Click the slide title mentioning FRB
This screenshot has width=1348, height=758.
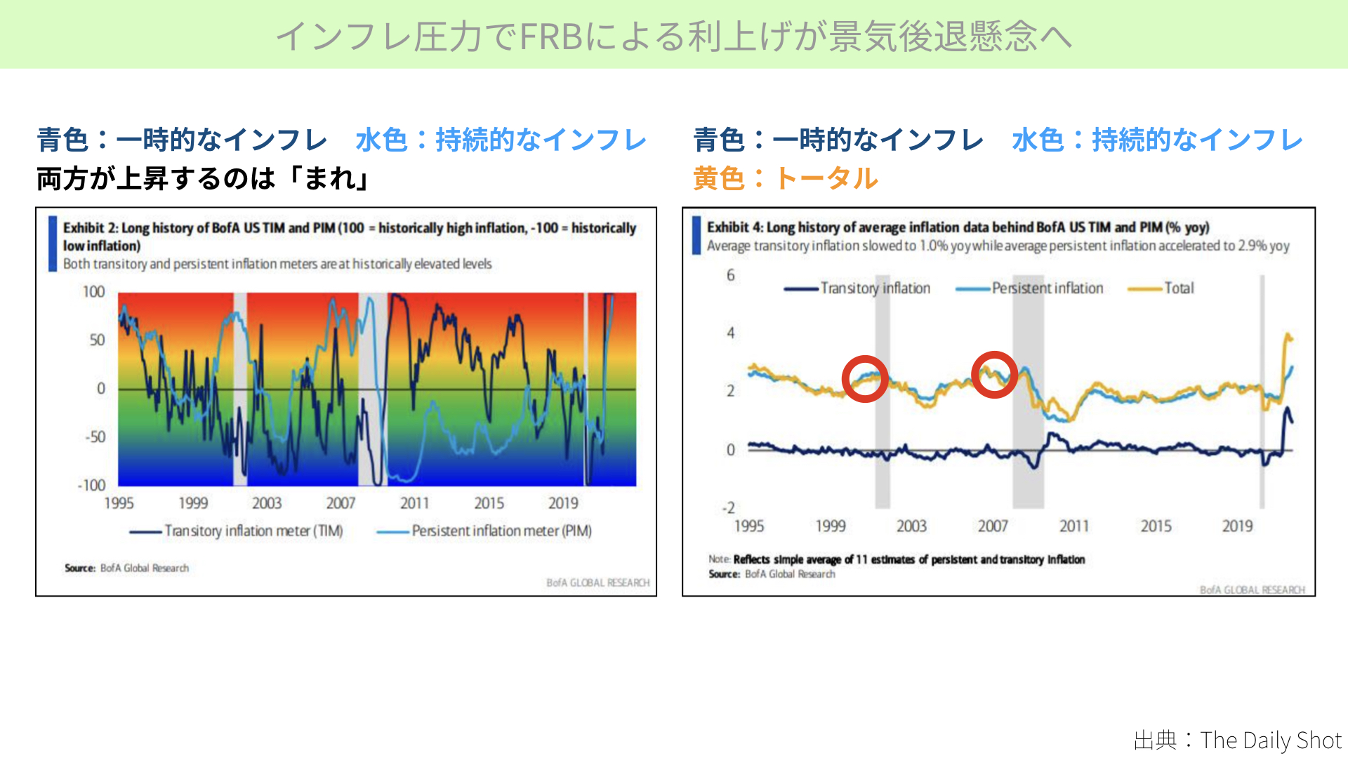pos(674,36)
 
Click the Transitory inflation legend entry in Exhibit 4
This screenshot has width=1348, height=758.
pos(857,288)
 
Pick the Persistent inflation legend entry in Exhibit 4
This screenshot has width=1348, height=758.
pos(1029,288)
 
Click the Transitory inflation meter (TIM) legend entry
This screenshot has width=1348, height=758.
pos(236,531)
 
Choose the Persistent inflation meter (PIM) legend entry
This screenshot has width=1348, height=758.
pos(484,531)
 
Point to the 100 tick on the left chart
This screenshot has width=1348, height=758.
pos(93,292)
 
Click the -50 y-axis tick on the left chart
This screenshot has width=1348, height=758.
pos(95,437)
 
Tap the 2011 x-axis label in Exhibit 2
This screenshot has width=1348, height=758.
pos(414,503)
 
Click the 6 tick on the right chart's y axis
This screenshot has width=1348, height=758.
pos(731,275)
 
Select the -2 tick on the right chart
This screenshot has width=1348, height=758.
pos(729,507)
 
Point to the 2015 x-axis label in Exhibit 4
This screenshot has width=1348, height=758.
pos(1156,526)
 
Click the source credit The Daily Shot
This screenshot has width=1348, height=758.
pos(1238,740)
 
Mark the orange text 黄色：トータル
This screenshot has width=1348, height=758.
pos(785,178)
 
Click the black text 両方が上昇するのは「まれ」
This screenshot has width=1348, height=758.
pos(204,178)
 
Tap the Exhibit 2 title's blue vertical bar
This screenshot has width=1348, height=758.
pos(53,244)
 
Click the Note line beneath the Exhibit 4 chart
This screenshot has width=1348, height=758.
pos(897,559)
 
